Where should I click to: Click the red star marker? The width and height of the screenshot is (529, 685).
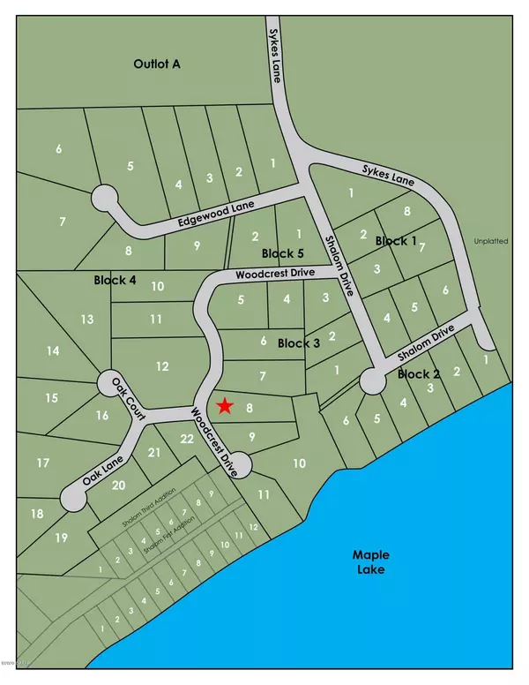click(225, 406)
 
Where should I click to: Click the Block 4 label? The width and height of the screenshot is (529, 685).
click(115, 280)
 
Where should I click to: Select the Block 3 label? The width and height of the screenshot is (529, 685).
click(298, 342)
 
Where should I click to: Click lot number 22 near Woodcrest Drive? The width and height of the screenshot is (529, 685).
click(186, 439)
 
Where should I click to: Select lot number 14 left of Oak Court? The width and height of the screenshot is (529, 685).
click(53, 351)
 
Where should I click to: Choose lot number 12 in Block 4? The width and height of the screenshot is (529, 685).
click(160, 365)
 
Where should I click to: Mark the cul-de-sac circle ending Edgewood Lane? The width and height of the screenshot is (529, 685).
click(106, 195)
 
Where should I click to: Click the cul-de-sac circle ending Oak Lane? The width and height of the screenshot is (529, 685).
click(72, 501)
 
